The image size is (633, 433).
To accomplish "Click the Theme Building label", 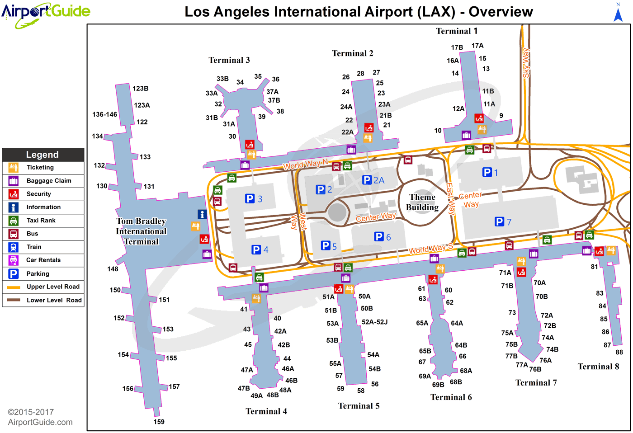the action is (422, 202).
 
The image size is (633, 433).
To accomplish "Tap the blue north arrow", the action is (618, 14).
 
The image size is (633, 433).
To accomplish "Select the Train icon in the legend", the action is (13, 247).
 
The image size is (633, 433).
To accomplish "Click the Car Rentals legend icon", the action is (13, 260).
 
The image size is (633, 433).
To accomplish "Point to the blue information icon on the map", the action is (202, 214).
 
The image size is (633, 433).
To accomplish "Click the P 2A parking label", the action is (373, 180).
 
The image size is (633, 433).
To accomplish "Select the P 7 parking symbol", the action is (503, 222).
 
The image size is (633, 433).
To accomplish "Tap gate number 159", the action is (159, 422).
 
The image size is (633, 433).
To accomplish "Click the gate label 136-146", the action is (104, 114).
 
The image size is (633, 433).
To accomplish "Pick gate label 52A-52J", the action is (375, 322).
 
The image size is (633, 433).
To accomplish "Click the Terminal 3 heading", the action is (229, 60).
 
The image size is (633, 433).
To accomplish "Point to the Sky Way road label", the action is (526, 63).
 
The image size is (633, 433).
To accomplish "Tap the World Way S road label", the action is (430, 249).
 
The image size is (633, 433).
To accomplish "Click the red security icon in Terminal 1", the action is (479, 118).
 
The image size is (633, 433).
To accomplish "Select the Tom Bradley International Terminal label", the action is (141, 231).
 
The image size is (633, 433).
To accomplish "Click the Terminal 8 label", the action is (598, 367).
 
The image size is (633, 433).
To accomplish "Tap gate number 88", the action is (619, 352).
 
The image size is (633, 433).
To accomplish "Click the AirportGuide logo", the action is (46, 14).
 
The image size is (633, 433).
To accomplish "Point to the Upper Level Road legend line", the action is (13, 287).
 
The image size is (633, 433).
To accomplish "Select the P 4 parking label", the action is (260, 249).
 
